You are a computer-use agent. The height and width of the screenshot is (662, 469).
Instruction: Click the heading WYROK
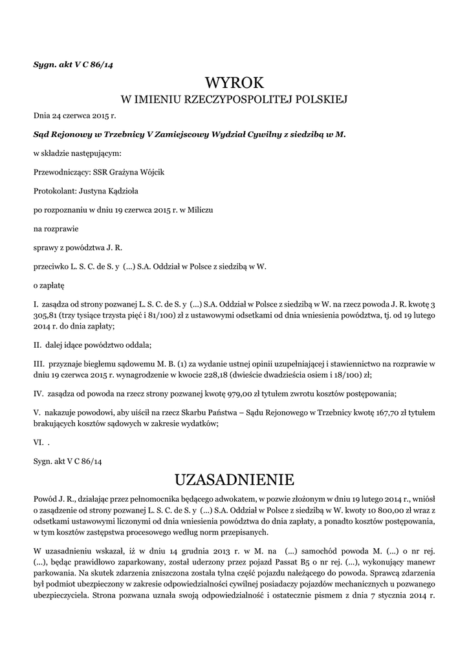[x=235, y=82]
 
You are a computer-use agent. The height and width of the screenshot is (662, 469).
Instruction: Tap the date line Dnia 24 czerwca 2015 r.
[x=74, y=116]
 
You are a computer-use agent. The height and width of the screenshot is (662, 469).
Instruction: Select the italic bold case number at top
[x=72, y=65]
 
